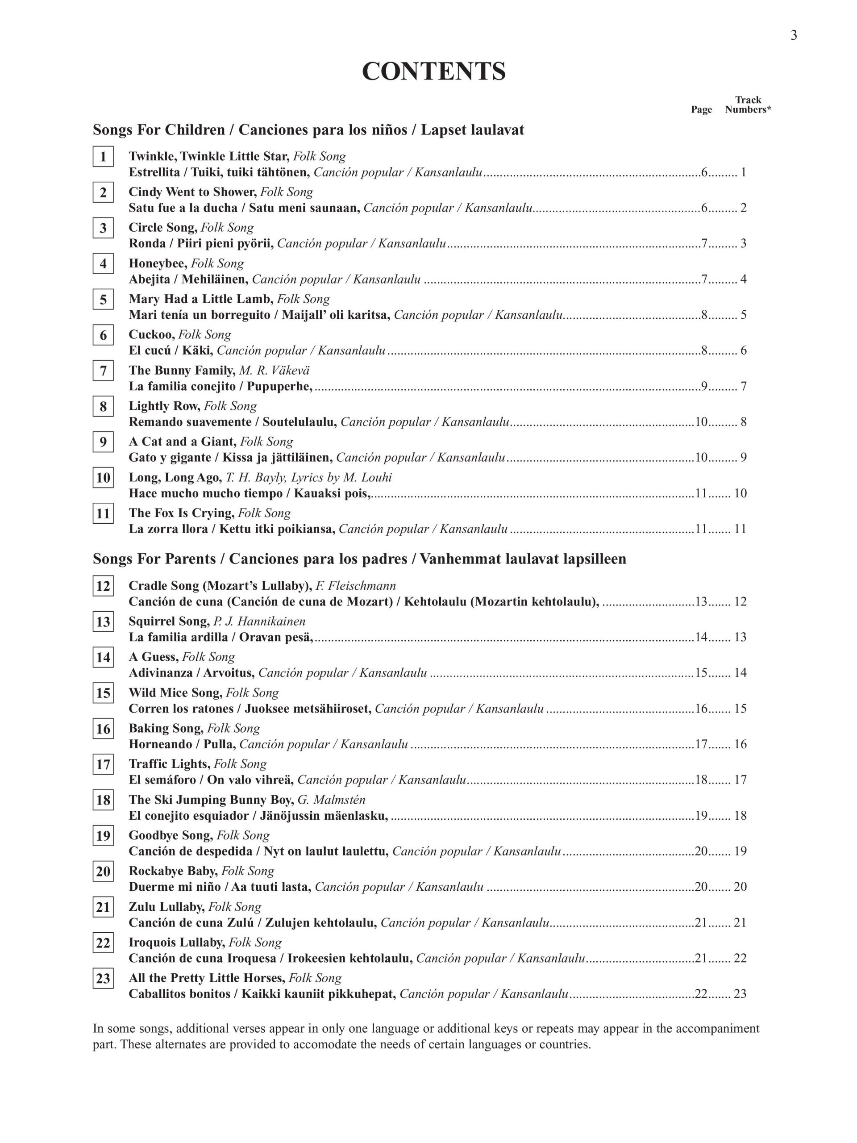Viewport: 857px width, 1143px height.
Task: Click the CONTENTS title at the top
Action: pos(433,71)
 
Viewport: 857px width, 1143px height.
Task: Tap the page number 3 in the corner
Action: pos(794,35)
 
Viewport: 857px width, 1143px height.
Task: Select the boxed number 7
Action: pos(103,371)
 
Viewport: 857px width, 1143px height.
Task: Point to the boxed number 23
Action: pos(103,979)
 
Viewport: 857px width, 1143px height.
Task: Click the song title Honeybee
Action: pos(158,263)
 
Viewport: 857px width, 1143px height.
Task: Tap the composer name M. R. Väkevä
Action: pos(275,371)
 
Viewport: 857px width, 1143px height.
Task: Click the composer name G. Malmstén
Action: pos(332,800)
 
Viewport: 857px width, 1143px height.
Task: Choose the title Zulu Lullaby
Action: pos(166,907)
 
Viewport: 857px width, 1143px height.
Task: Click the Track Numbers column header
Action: pos(748,105)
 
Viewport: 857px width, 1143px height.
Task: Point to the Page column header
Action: pos(701,109)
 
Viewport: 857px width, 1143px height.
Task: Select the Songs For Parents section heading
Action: pos(359,559)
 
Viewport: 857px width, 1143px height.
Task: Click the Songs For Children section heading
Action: pos(308,129)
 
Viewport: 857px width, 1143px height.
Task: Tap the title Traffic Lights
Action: pos(169,764)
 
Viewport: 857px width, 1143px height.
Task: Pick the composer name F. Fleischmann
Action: pos(356,585)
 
